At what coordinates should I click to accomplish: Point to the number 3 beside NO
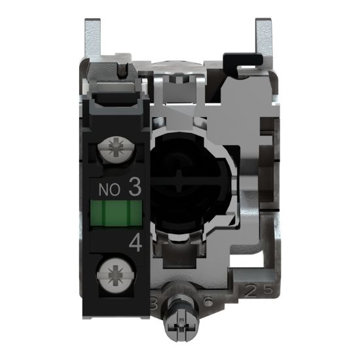(135, 189)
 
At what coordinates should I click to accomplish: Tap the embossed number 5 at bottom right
(259, 288)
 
